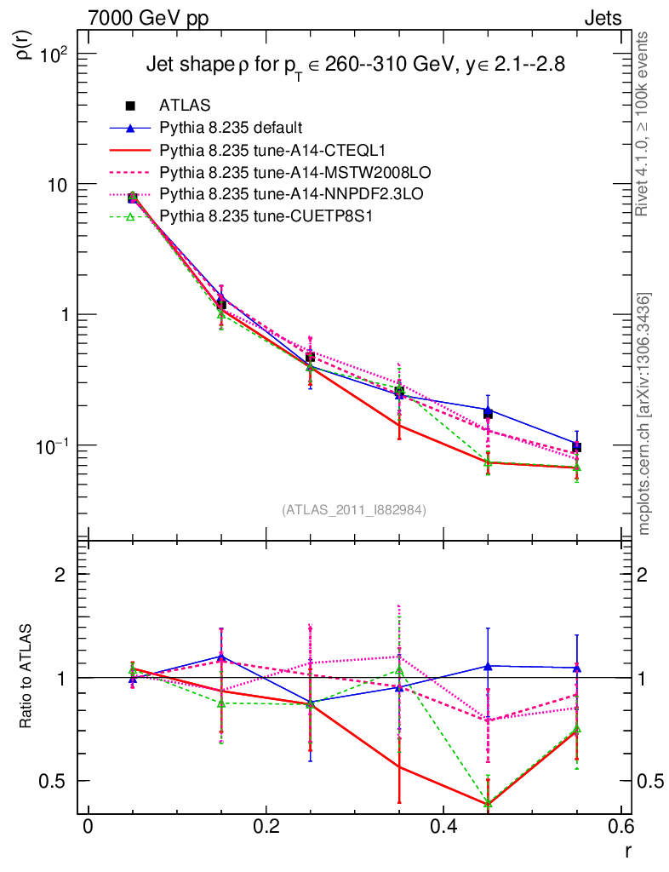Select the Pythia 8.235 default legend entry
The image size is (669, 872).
point(230,128)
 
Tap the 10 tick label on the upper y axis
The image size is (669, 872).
point(58,185)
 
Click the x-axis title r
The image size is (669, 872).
point(628,851)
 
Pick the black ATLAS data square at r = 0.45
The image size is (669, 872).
point(488,413)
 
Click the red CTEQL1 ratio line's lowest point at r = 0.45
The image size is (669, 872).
point(488,804)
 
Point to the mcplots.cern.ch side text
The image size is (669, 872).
point(644,413)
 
